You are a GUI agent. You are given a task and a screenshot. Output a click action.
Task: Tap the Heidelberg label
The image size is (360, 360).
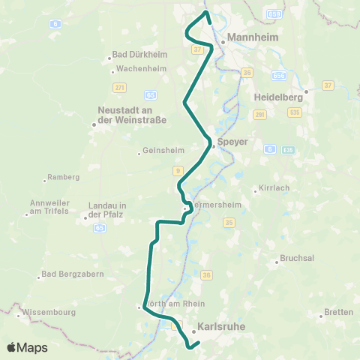tap(278, 97)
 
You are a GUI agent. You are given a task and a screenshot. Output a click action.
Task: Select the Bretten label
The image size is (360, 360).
tap(337, 311)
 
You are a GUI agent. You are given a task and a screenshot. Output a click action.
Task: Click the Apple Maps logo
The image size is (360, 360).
tap(27, 347)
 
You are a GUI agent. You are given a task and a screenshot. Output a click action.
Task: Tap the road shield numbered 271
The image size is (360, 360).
tap(118, 88)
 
